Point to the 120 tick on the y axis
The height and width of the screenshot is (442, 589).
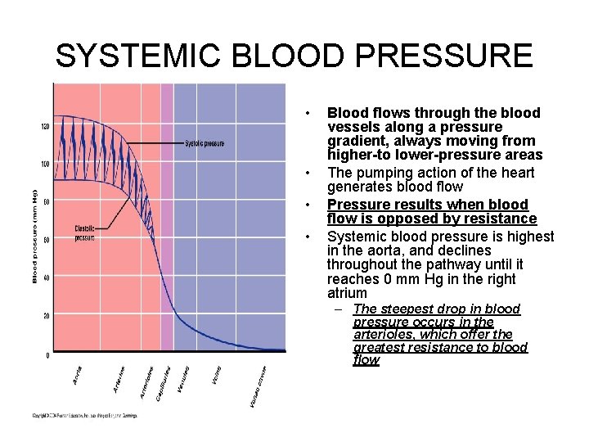[44, 126]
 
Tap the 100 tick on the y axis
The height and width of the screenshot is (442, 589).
[44, 165]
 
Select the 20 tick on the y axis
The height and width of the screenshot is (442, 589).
[46, 316]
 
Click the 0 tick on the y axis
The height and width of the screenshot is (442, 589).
[47, 355]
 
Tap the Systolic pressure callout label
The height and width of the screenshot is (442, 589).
[205, 144]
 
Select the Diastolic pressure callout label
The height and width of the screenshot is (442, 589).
[84, 234]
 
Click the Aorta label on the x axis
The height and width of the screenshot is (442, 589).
[78, 377]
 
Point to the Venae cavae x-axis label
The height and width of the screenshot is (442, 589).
[257, 387]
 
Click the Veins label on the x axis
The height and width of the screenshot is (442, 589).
[216, 377]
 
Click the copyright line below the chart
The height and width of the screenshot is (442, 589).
[84, 416]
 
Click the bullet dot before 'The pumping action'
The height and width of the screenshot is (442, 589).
[307, 173]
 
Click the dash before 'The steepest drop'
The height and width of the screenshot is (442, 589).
[339, 309]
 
